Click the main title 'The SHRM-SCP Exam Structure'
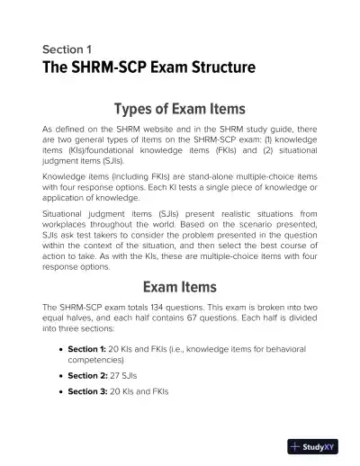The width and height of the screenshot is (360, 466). click(149, 68)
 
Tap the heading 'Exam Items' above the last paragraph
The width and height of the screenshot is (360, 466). click(179, 288)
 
